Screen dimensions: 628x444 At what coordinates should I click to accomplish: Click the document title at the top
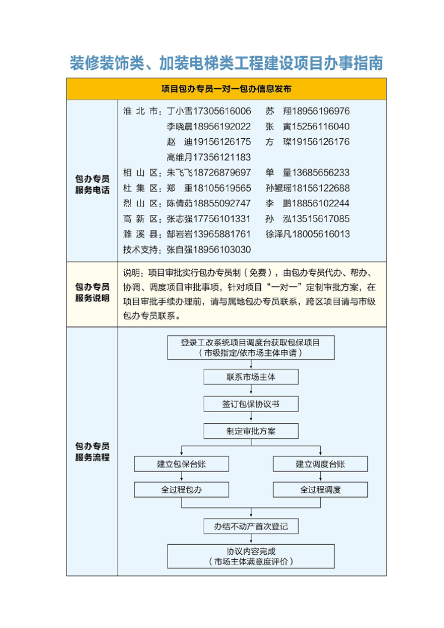point(226,63)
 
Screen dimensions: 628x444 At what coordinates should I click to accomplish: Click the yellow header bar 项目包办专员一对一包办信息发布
point(226,89)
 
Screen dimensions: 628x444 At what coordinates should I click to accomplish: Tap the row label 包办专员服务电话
point(92,180)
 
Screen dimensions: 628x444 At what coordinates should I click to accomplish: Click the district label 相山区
point(142,173)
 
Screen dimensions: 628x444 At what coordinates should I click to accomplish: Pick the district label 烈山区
point(142,203)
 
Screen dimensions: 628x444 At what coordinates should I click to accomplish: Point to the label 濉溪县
point(142,234)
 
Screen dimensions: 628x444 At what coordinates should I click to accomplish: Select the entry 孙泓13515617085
point(307,219)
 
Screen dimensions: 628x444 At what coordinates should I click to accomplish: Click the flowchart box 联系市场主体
point(251,377)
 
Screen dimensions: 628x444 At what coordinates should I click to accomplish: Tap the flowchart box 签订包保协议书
point(251,404)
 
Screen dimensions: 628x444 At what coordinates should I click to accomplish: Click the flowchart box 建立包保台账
point(181,464)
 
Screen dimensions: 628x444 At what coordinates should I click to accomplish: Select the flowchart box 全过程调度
point(320,490)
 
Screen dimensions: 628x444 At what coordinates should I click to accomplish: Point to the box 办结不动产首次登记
point(251,526)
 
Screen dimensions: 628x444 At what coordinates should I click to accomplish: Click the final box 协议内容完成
point(251,556)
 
